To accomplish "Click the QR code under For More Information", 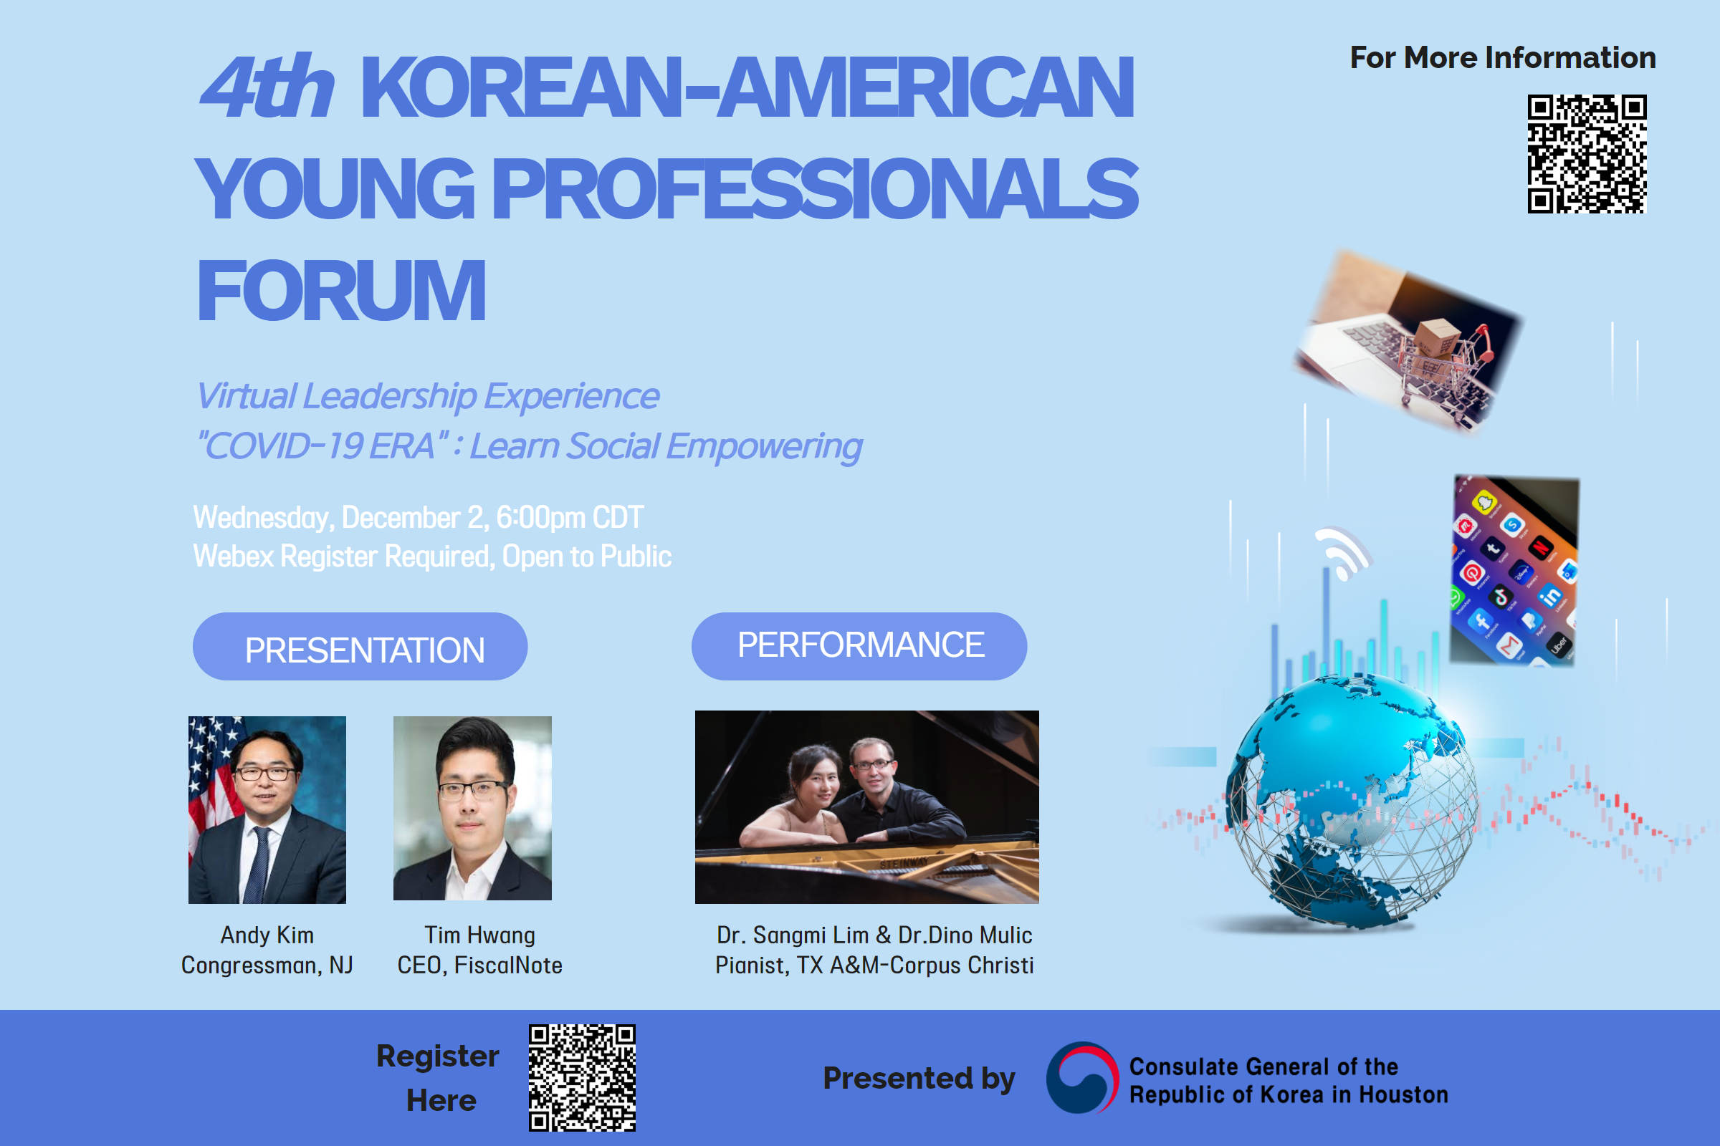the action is pyautogui.click(x=1586, y=153).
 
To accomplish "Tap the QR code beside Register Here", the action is pyautogui.click(x=582, y=1078).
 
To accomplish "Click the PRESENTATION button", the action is pyautogui.click(x=360, y=647).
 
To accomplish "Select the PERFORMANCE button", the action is pyautogui.click(x=859, y=646).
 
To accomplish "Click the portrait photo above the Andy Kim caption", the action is pyautogui.click(x=267, y=810).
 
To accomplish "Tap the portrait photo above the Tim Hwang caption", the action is pyautogui.click(x=472, y=809).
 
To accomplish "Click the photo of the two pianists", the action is pyautogui.click(x=866, y=807).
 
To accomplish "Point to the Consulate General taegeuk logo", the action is pyautogui.click(x=1082, y=1077).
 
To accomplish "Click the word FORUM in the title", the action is pyautogui.click(x=342, y=291).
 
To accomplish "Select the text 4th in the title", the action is pyautogui.click(x=267, y=87).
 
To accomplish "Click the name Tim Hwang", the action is pyautogui.click(x=479, y=935).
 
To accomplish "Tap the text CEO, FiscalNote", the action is pyautogui.click(x=479, y=966).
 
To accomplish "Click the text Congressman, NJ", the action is pyautogui.click(x=267, y=966).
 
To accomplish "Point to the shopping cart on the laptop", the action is pyautogui.click(x=1444, y=365).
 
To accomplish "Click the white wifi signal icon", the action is pyautogui.click(x=1342, y=552).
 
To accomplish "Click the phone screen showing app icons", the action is pyautogui.click(x=1514, y=570).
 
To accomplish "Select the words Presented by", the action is pyautogui.click(x=919, y=1079).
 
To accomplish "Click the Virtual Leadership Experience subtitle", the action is pyautogui.click(x=428, y=396).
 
